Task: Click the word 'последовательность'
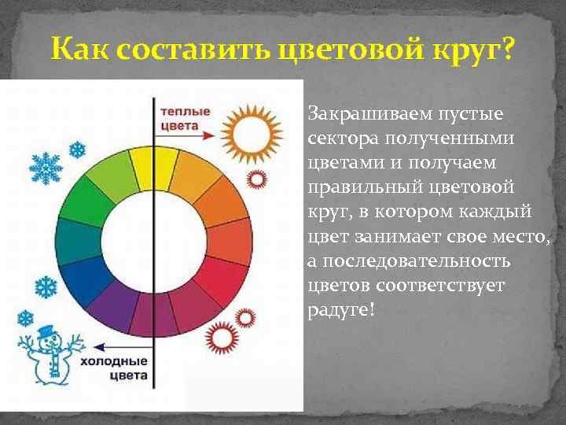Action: click(398, 261)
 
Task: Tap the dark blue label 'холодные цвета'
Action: click(114, 369)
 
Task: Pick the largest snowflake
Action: click(46, 168)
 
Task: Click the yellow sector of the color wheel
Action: click(142, 168)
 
